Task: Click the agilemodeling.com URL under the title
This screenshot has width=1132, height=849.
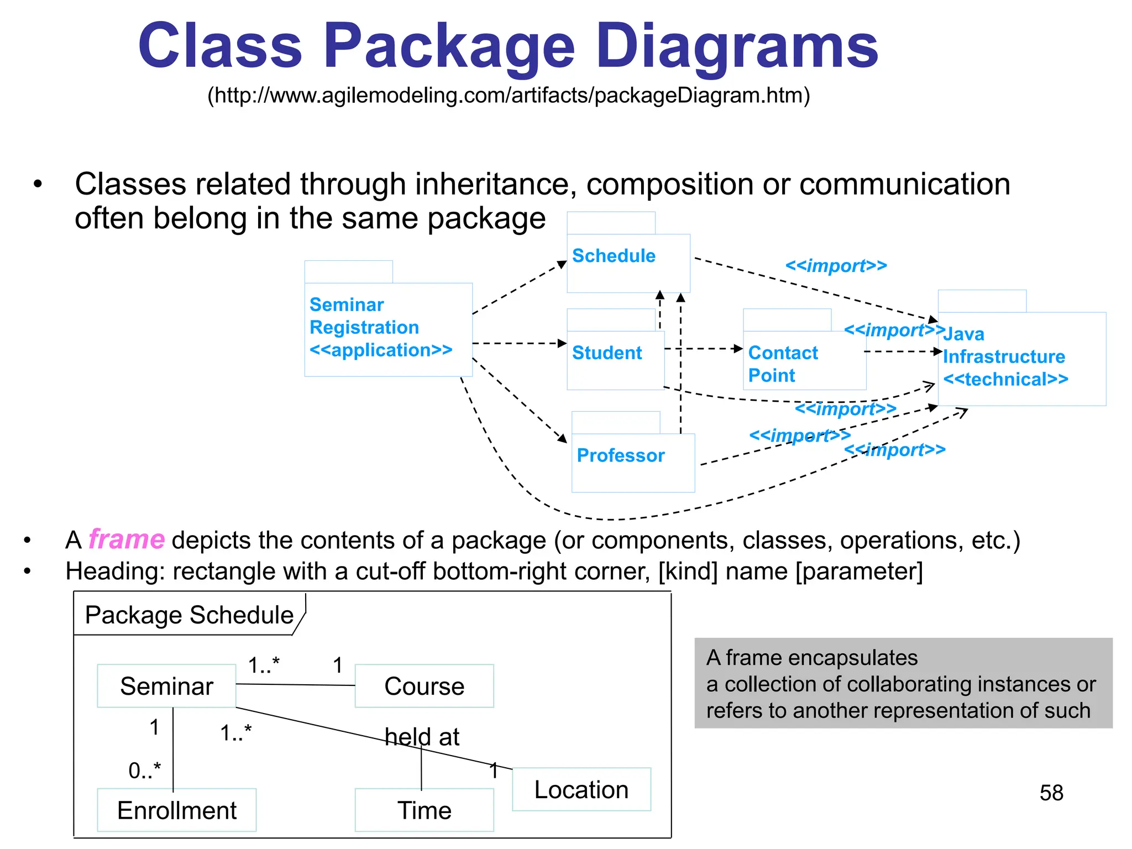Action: (x=509, y=96)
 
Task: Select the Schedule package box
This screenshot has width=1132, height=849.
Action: (x=628, y=263)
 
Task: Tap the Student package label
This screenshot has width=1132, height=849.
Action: (x=607, y=353)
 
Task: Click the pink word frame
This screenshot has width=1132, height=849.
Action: (x=126, y=539)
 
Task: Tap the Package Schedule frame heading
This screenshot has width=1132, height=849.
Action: (x=189, y=615)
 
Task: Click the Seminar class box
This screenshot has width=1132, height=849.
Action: (x=166, y=686)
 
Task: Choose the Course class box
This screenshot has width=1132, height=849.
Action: (x=424, y=686)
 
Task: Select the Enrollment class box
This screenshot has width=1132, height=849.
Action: (x=176, y=810)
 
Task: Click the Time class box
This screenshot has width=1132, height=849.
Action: (x=424, y=810)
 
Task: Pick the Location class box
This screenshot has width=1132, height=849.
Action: (x=581, y=789)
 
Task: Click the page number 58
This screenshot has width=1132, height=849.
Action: (x=1051, y=793)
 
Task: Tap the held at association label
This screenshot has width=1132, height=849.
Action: (x=422, y=737)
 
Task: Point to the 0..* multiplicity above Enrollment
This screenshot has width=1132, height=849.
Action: (x=144, y=770)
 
